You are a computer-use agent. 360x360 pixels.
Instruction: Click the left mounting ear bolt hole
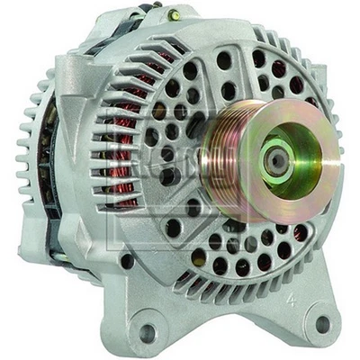click(x=148, y=332)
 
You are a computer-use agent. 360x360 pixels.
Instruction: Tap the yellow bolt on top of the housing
click(x=175, y=15)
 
